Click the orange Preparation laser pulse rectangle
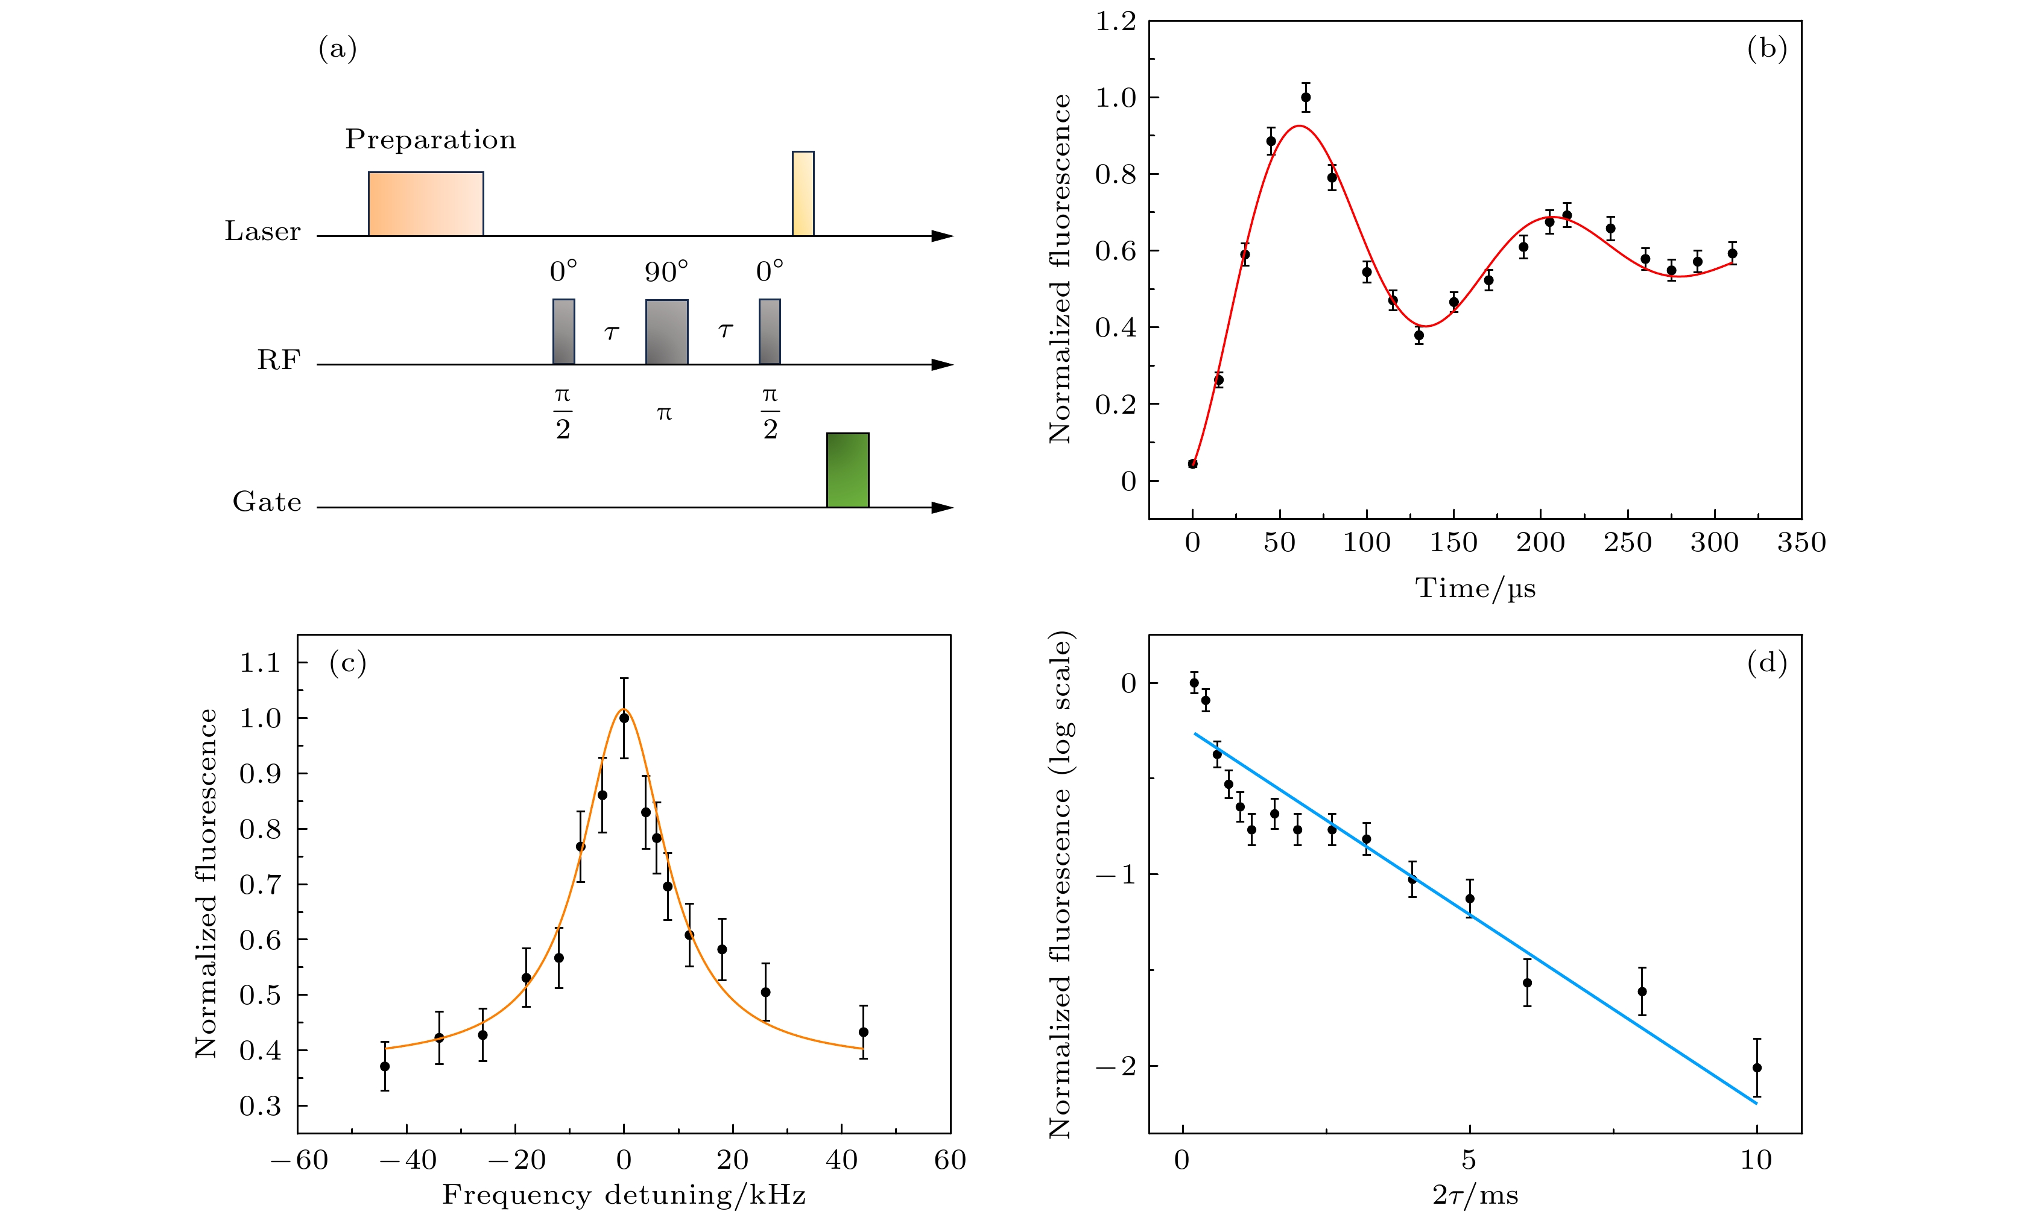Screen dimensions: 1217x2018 426,204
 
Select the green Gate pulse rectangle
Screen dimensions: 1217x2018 847,470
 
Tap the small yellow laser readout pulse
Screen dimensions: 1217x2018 803,193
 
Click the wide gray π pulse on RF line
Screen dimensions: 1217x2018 666,332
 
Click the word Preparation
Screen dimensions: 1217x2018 431,139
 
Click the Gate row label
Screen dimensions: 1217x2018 267,501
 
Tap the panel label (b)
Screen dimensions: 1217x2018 1767,49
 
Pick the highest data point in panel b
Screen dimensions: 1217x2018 1306,98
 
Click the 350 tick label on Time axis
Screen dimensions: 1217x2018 1801,542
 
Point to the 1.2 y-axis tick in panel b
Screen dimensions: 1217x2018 1116,22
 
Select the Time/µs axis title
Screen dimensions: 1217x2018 1475,588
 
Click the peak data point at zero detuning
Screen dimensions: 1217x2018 624,718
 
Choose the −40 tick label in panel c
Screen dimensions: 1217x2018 407,1160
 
